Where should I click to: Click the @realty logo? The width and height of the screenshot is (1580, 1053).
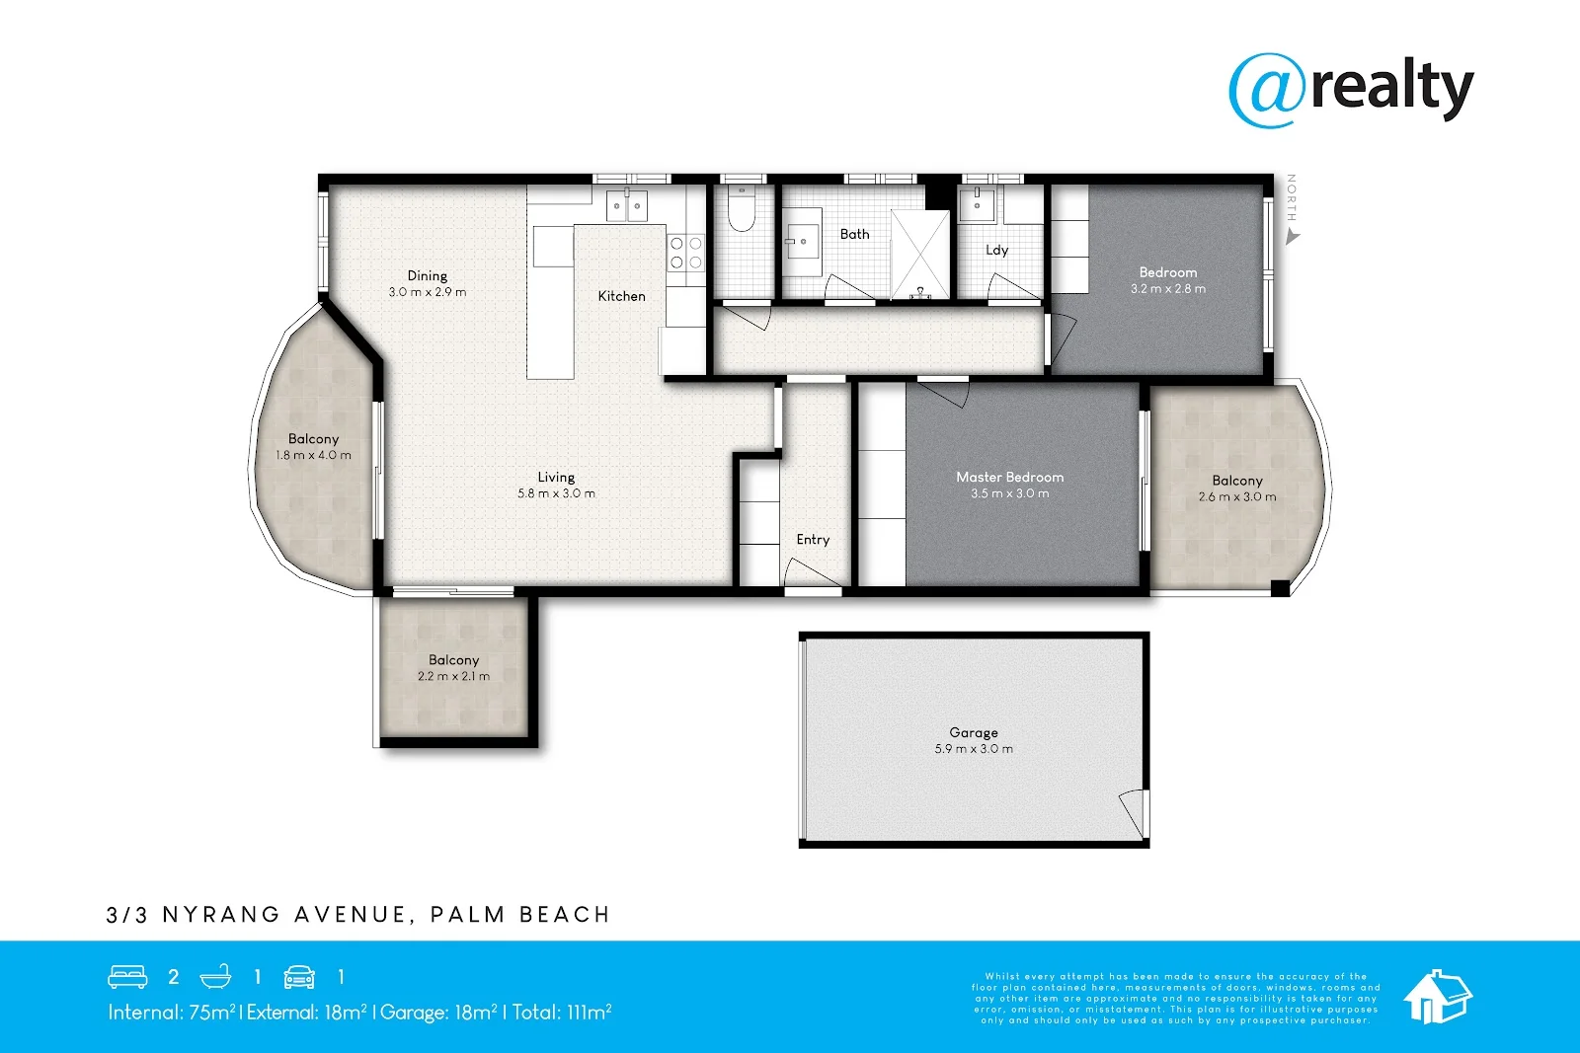[1351, 90]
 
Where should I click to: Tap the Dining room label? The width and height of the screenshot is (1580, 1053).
[427, 276]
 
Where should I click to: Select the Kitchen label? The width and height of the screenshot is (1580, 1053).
[621, 296]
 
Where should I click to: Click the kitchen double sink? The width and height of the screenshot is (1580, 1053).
[626, 206]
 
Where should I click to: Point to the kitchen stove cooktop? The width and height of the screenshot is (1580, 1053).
[685, 253]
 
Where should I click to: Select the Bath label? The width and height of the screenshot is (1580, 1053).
[854, 234]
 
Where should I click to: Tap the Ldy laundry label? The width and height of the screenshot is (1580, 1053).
[996, 250]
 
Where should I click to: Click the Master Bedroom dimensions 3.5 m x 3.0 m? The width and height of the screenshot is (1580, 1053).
[1009, 493]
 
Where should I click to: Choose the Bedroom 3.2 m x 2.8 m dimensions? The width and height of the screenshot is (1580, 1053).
[1167, 289]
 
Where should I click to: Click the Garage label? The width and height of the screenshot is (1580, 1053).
[973, 732]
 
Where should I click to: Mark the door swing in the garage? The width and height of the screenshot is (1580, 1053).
[1134, 811]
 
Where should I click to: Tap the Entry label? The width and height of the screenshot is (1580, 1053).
[813, 540]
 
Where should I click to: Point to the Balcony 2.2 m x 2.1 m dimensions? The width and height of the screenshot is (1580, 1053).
[453, 676]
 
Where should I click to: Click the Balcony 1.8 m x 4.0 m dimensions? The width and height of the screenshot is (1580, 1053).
[313, 455]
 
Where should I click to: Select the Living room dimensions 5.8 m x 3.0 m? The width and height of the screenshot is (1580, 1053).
[556, 493]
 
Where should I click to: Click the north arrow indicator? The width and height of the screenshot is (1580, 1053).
[1292, 237]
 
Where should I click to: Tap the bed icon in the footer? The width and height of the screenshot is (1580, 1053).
[127, 977]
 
